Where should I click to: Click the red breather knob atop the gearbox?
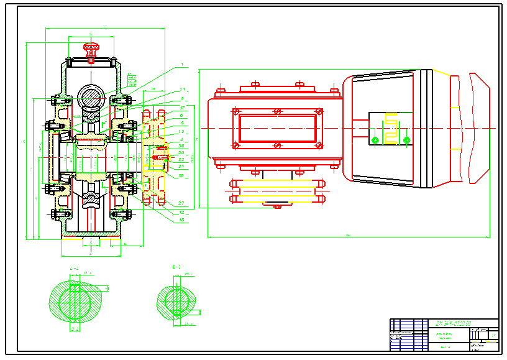pos(91,47)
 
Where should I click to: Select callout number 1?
pos(181,65)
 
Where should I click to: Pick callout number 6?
pos(181,116)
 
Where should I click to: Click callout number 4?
pos(181,140)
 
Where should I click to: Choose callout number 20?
pos(181,152)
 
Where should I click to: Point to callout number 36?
pos(181,146)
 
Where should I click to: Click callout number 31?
pos(181,166)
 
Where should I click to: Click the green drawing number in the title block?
pos(453,323)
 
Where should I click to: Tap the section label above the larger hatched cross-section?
pos(73,269)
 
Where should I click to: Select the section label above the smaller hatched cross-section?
pos(176,268)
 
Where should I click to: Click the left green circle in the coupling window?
pos(375,140)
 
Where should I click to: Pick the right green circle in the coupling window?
pos(407,140)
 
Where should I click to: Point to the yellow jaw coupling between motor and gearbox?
pos(391,127)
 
